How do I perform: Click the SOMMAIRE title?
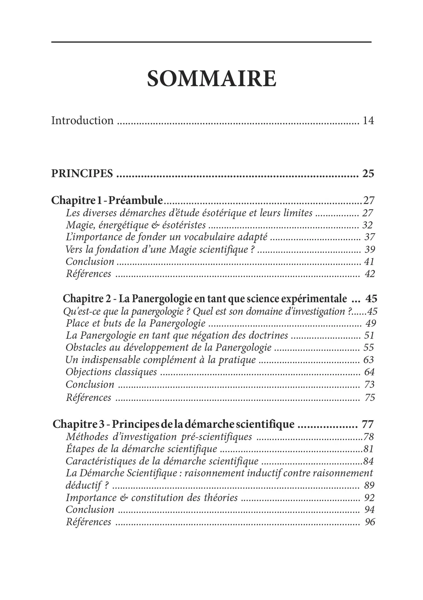[x=211, y=79]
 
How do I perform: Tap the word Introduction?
[x=82, y=120]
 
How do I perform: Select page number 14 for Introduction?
[x=368, y=121]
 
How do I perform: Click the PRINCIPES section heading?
[x=82, y=173]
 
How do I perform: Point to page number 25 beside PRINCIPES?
[x=368, y=173]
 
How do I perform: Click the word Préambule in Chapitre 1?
[x=135, y=200]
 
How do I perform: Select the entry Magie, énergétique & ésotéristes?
[x=136, y=225]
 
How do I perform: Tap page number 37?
[x=369, y=237]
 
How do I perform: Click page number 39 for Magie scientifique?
[x=370, y=250]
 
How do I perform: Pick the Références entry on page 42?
[x=89, y=274]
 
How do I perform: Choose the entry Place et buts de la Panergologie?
[x=136, y=323]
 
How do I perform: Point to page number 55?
[x=369, y=347]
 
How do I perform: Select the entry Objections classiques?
[x=111, y=372]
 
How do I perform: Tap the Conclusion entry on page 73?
[x=90, y=384]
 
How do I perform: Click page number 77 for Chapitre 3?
[x=368, y=424]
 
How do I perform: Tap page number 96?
[x=370, y=522]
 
